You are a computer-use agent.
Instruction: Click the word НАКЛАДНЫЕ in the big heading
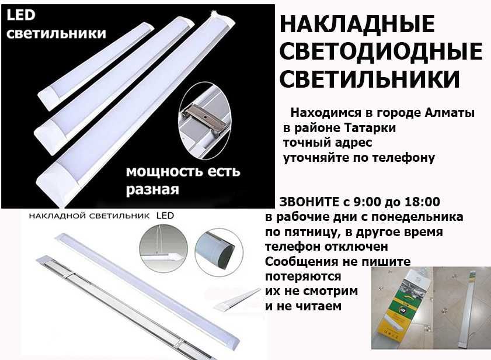point(357,25)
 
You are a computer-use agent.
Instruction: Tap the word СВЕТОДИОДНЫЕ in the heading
point(381,51)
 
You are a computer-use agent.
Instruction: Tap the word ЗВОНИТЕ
point(309,202)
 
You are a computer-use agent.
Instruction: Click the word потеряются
point(302,276)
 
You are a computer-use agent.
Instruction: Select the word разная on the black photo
point(152,190)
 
